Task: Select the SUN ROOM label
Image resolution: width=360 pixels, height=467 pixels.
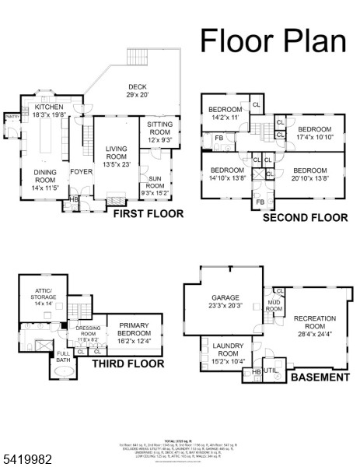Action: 155,186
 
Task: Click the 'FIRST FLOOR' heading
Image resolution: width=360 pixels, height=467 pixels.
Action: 149,213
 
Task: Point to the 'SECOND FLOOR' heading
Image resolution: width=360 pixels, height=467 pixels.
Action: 305,218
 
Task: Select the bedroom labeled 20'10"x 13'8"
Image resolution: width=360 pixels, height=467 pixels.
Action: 309,174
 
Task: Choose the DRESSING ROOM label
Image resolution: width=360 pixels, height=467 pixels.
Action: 88,333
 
